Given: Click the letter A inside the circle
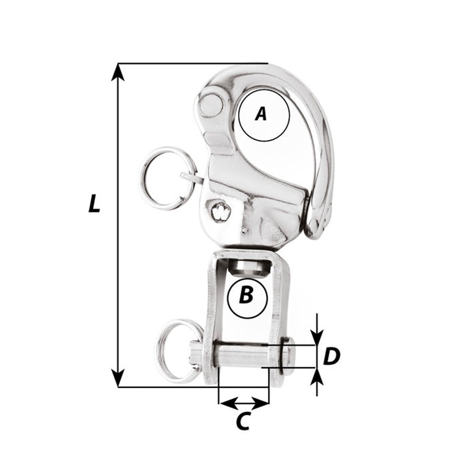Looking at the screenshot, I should pyautogui.click(x=261, y=114).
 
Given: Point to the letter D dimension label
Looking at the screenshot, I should pyautogui.click(x=332, y=356).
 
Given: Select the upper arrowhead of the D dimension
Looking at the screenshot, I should pyautogui.click(x=317, y=338).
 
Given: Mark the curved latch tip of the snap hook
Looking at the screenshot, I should pyautogui.click(x=317, y=223).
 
